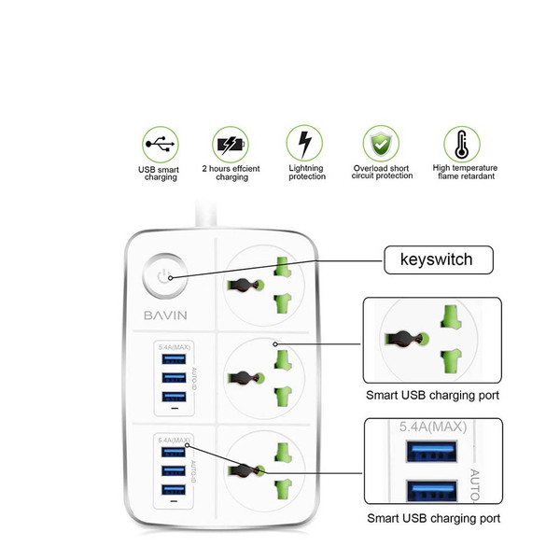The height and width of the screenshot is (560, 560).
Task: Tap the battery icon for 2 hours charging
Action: coord(230,145)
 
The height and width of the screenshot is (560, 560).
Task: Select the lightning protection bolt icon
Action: coord(305,145)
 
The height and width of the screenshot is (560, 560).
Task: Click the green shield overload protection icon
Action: coord(381,145)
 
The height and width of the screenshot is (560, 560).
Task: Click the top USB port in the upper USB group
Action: coord(172,360)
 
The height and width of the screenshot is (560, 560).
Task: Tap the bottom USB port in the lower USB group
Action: coord(172,490)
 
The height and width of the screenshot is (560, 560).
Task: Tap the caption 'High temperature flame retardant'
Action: coord(465,172)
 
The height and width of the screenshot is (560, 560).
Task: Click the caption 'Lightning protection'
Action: coord(306,172)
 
